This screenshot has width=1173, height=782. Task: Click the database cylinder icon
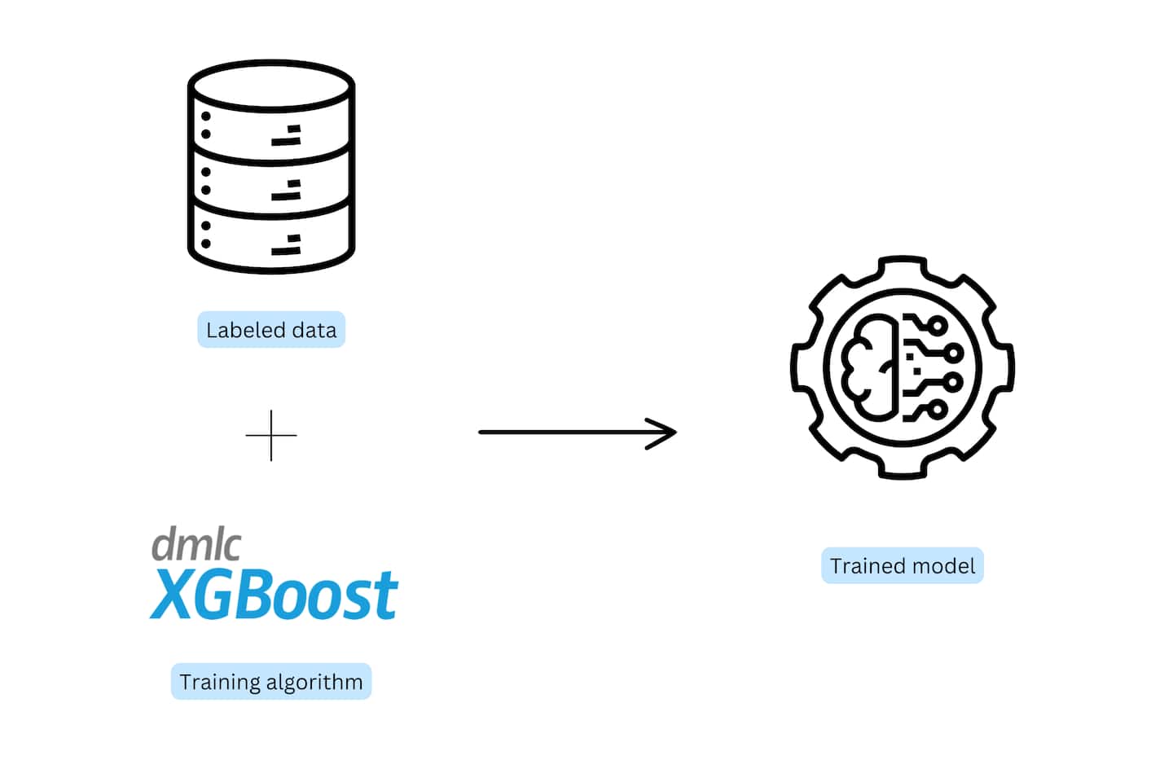(271, 167)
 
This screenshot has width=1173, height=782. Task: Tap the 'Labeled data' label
(271, 330)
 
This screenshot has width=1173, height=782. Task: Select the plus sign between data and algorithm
(271, 435)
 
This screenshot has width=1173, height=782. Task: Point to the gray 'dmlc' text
(196, 544)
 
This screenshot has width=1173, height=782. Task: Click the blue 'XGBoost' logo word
(275, 595)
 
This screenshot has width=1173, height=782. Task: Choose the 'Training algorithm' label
(271, 682)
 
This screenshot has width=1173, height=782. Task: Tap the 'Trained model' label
(903, 566)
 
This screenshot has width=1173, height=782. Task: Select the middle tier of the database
(271, 181)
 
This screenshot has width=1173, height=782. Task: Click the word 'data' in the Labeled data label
(314, 330)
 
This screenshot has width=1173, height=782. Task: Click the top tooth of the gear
(903, 268)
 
